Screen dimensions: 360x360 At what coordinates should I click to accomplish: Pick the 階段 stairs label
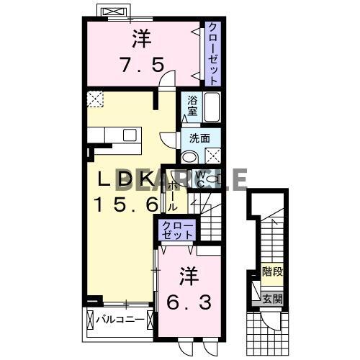271,273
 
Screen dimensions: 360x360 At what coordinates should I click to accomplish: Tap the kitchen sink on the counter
131,135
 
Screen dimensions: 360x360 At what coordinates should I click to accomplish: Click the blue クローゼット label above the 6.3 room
177,230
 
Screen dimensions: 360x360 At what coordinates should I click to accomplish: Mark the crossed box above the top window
114,12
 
